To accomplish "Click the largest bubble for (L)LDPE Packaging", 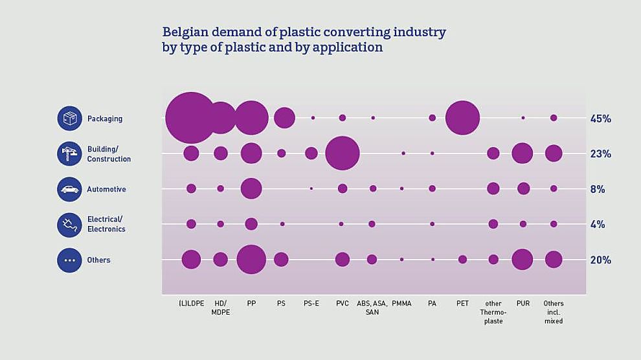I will pos(190,118).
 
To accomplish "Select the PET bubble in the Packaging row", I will pos(462,118).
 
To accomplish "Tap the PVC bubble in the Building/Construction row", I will pos(342,153).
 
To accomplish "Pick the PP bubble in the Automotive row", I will pos(251,188).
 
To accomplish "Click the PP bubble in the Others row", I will pos(251,260).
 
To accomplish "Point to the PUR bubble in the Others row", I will pos(522,260).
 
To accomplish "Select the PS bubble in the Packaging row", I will pos(284,118).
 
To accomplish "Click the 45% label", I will pos(600,118).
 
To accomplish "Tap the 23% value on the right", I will pos(600,154).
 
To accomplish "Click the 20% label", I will pos(600,260).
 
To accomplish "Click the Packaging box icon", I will pos(69,118).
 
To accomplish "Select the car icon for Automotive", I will pos(69,189).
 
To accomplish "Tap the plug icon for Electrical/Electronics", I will pos(69,225).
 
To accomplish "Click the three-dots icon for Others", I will pos(69,260).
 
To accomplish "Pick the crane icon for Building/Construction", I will pos(69,154).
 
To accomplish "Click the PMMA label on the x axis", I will pos(401,304).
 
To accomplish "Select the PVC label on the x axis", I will pos(343,304).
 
